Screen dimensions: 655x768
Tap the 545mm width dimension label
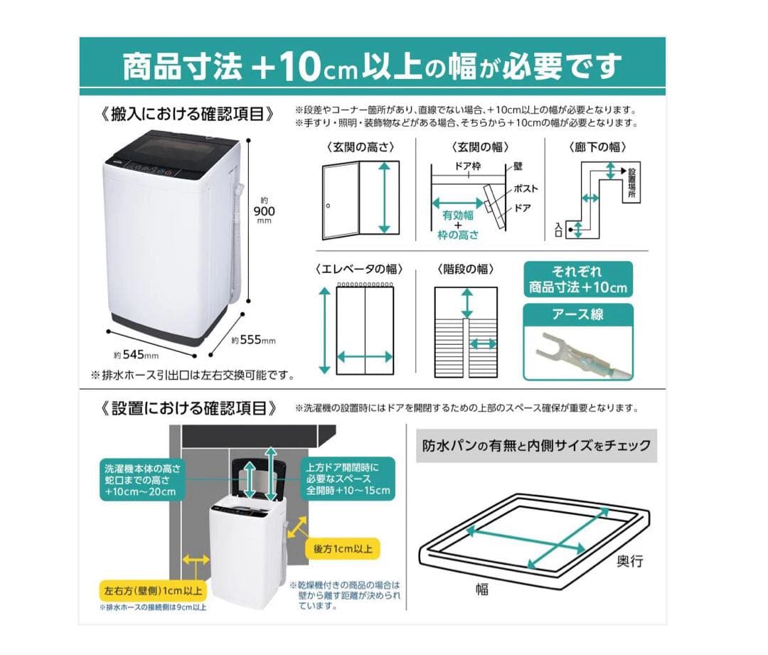click(x=136, y=353)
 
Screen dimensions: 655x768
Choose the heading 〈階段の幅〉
click(x=465, y=270)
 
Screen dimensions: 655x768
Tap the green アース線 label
click(x=577, y=314)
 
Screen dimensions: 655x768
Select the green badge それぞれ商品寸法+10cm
click(x=577, y=279)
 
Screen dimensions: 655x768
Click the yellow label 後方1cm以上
click(x=341, y=548)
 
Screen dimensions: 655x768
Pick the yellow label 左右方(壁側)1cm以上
click(x=151, y=591)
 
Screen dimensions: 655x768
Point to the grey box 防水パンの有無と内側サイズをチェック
click(x=536, y=446)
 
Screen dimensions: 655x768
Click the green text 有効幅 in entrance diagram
click(x=457, y=214)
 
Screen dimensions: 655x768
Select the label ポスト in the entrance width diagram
click(x=525, y=189)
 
